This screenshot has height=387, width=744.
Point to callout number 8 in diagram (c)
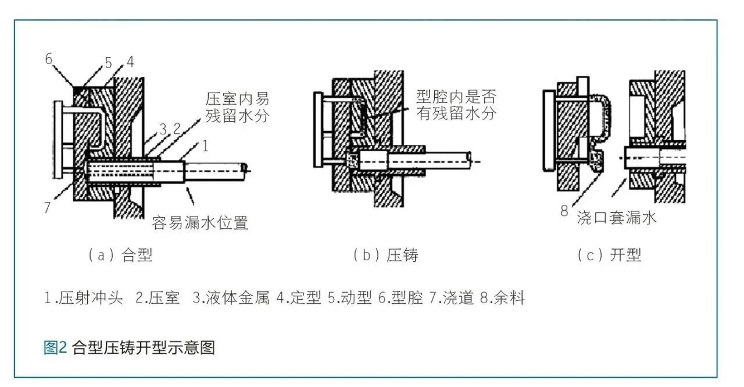click(563, 211)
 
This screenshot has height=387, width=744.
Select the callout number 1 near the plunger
click(205, 146)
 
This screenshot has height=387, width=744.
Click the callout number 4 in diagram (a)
click(130, 62)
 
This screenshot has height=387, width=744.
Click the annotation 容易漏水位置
click(200, 222)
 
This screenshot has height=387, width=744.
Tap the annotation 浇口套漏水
click(617, 218)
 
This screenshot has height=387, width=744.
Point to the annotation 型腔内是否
click(456, 96)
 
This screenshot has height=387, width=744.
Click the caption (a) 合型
click(120, 255)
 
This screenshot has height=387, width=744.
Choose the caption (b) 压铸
click(385, 255)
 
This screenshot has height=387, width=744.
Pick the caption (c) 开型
click(609, 255)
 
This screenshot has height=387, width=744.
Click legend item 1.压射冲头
click(84, 299)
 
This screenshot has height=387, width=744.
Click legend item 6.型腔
click(400, 299)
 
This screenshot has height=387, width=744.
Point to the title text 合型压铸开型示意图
click(144, 347)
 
